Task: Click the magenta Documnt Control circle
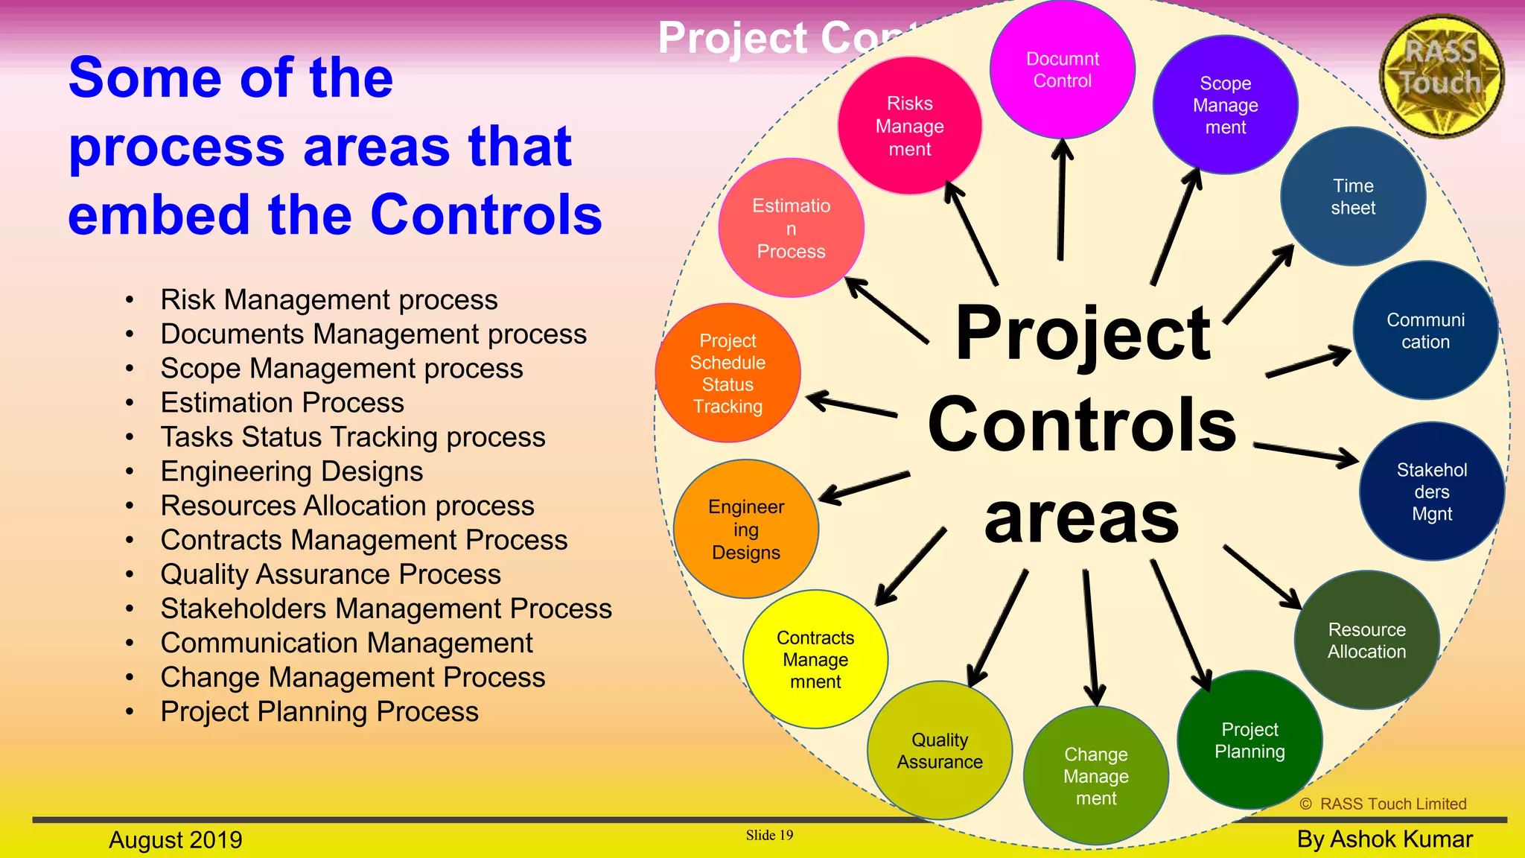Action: coord(1062,69)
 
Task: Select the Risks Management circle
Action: coord(909,126)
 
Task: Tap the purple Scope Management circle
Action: coord(1225,105)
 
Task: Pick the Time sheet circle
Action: coord(1353,197)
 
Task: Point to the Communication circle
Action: coord(1425,331)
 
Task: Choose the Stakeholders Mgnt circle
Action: coord(1431,492)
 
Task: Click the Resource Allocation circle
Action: coord(1366,641)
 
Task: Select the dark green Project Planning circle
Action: coord(1249,740)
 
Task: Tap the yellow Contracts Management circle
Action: coord(815,660)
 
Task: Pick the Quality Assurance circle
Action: coord(940,751)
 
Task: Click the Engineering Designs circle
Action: coord(746,530)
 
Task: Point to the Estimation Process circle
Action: coord(791,228)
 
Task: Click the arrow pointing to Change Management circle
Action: coord(1090,638)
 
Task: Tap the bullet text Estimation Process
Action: coord(282,403)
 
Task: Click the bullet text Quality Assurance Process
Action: coord(331,574)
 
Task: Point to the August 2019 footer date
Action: coord(176,839)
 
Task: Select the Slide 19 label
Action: coord(769,835)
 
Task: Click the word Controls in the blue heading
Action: coord(485,215)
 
